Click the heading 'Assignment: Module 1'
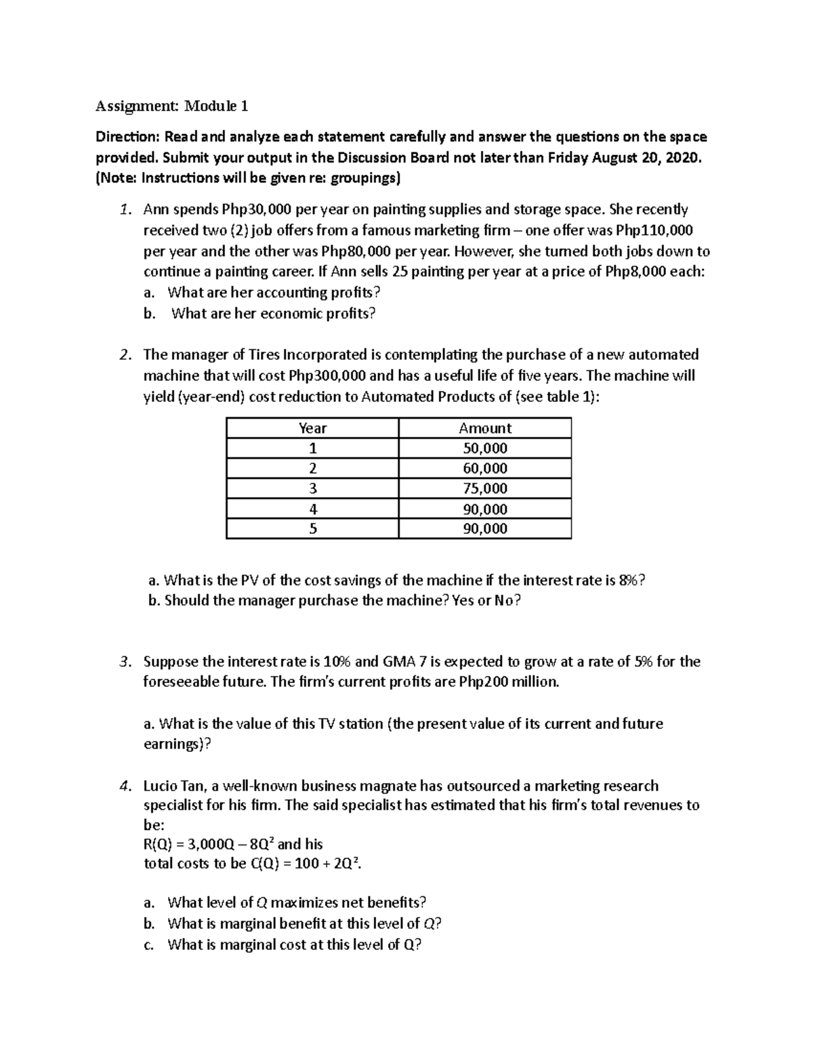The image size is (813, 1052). [171, 106]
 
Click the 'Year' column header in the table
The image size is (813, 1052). [312, 428]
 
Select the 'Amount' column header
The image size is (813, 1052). [484, 428]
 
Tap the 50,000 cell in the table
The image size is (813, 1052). [484, 448]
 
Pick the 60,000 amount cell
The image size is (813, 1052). [484, 469]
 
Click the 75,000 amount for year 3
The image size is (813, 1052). [484, 488]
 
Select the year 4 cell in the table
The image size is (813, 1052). [312, 509]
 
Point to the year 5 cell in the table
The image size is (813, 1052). [312, 529]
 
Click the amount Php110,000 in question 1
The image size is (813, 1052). [653, 230]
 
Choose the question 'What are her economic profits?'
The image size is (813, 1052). [273, 314]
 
